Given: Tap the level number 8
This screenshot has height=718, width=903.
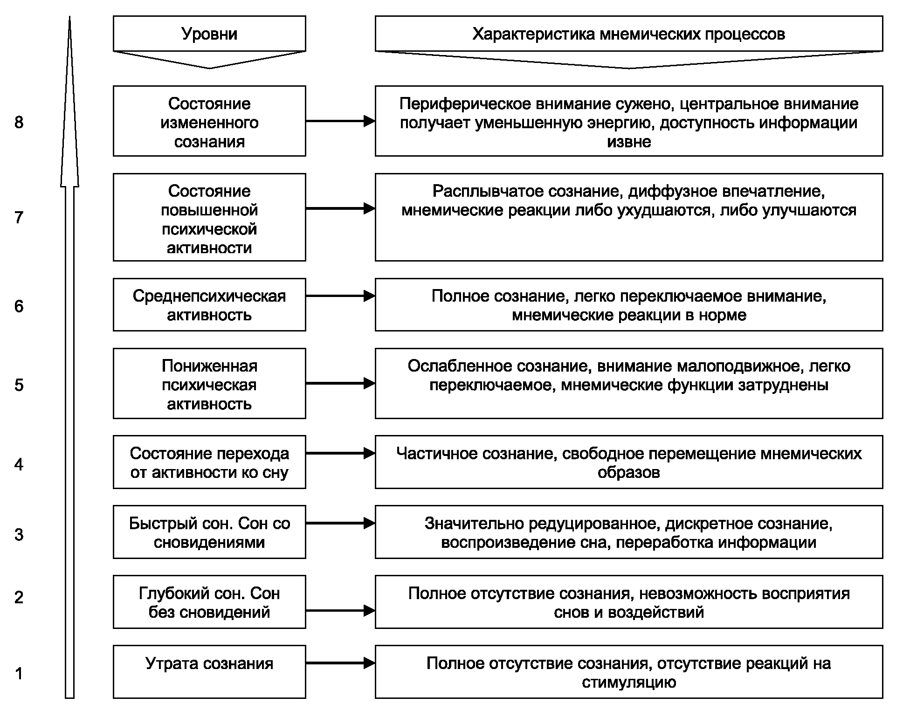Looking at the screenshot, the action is pos(19,122).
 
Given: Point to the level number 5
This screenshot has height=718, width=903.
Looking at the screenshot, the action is pos(19,385).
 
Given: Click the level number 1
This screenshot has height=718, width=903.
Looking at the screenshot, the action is pos(19,673).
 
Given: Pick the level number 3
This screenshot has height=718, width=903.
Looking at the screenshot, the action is pos(19,534).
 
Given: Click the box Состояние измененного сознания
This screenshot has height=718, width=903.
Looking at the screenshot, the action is pos(209,121).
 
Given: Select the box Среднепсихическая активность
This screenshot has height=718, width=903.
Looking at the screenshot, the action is pos(209,305).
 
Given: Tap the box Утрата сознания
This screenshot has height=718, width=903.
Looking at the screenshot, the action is pos(209,672).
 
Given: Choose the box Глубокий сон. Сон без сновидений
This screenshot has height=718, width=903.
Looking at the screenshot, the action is pos(209,602).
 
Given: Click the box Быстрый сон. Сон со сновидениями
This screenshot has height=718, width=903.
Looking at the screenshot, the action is pos(209,532).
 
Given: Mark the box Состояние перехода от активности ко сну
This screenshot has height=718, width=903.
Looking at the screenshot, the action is pos(209,462).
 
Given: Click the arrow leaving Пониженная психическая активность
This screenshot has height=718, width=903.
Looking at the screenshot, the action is pos(341,383).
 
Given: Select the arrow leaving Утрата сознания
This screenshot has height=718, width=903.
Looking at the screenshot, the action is pos(341,663).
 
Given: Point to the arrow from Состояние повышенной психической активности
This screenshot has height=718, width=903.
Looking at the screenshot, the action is pos(341,208).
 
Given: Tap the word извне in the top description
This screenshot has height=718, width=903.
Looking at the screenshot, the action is pos(629,142).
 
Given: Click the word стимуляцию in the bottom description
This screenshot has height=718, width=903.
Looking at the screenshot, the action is pos(629,683).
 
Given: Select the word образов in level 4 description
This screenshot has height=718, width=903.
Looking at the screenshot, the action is pos(629,473).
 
